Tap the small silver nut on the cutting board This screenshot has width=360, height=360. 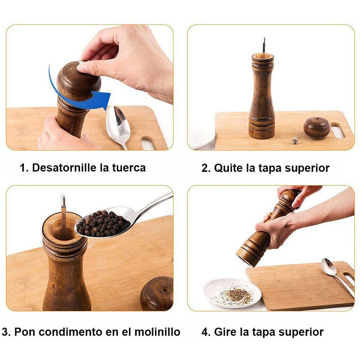[x=295, y=141]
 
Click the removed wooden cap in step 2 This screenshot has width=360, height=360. [x=317, y=127]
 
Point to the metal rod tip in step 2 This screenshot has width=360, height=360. [x=264, y=39]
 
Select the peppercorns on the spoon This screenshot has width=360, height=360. [x=103, y=224]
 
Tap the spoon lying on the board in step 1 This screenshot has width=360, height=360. [x=118, y=127]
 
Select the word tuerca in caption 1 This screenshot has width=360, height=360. [x=129, y=168]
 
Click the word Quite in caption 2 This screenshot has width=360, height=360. [x=228, y=168]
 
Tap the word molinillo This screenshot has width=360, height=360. [x=157, y=332]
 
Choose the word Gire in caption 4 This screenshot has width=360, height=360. [x=225, y=332]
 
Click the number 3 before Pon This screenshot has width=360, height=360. [x=5, y=332]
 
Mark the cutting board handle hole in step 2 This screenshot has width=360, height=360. [x=338, y=130]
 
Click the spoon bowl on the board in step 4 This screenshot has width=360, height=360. [x=329, y=266]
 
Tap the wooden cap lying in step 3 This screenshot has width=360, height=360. [x=157, y=293]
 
